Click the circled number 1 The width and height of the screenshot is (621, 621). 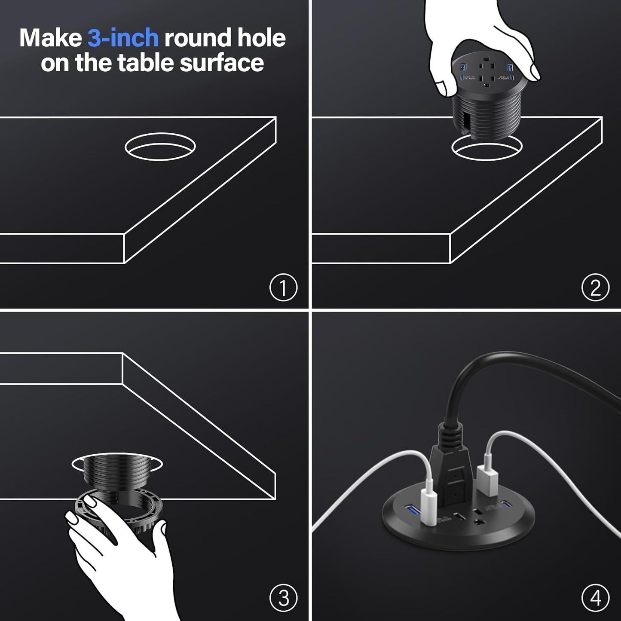pos(283,288)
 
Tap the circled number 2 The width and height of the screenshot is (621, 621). pos(595,288)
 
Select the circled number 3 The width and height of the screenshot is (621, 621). pos(283,598)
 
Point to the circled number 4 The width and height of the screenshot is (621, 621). pos(595,598)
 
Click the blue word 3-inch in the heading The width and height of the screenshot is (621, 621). pos(123,38)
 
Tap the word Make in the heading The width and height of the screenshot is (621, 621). pos(50,38)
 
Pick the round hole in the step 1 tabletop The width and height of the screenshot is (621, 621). pos(160,147)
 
